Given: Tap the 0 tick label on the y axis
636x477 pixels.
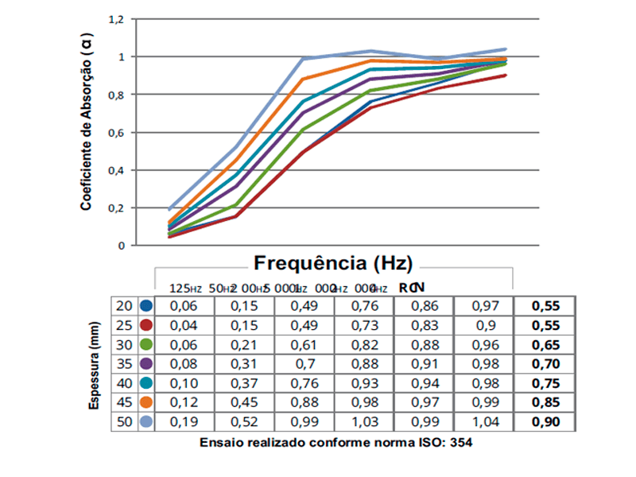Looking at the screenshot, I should (x=122, y=246).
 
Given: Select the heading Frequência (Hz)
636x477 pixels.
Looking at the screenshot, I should (x=333, y=263).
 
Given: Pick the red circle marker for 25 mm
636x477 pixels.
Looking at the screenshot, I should (x=145, y=325).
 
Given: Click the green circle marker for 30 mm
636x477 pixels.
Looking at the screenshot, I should (x=145, y=344).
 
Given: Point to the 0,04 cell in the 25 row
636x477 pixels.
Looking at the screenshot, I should (x=184, y=325).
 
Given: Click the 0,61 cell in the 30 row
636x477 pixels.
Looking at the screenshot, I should (x=304, y=344).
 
